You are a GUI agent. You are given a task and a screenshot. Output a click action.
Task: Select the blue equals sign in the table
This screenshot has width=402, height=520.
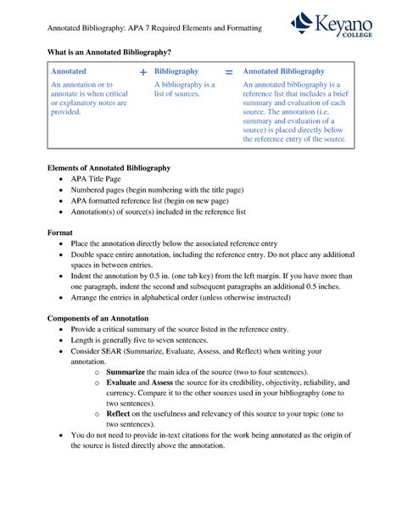click(229, 73)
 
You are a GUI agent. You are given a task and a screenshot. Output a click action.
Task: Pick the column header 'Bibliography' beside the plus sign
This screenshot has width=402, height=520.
click(176, 73)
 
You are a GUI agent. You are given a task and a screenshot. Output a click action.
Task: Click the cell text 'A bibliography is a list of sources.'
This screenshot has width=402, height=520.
click(184, 90)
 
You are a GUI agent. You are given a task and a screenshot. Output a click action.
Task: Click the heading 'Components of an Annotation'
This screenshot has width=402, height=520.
click(98, 317)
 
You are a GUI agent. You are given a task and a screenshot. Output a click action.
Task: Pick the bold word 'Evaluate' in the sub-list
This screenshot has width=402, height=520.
click(123, 383)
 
